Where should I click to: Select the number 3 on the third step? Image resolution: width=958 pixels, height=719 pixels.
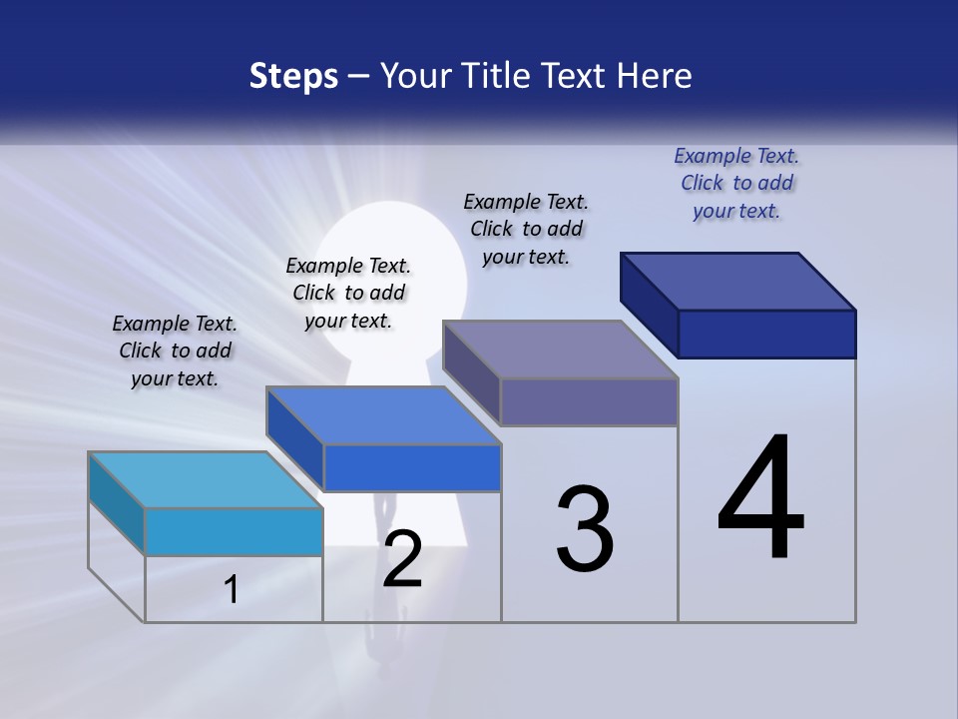tap(584, 529)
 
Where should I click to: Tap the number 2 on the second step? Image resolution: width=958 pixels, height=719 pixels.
tap(402, 560)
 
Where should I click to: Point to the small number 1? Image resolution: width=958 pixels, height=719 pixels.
tap(232, 590)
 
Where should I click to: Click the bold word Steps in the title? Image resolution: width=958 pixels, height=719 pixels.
tap(293, 76)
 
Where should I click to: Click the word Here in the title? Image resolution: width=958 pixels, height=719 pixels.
tap(655, 76)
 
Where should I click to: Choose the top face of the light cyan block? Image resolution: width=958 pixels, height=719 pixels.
tap(206, 480)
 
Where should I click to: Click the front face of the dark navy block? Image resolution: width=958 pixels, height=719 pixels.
tap(766, 334)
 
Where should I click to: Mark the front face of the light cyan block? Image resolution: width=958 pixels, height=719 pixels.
tap(234, 531)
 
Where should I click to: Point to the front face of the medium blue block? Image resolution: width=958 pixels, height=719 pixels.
tap(412, 467)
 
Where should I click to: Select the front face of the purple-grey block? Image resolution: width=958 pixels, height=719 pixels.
tap(589, 401)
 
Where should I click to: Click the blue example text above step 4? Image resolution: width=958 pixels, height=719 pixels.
tap(736, 183)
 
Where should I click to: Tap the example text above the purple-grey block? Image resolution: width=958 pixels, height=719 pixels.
tap(526, 229)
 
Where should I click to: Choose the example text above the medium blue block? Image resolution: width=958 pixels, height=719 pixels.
tap(348, 293)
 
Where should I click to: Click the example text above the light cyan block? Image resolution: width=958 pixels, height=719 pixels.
tap(175, 351)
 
